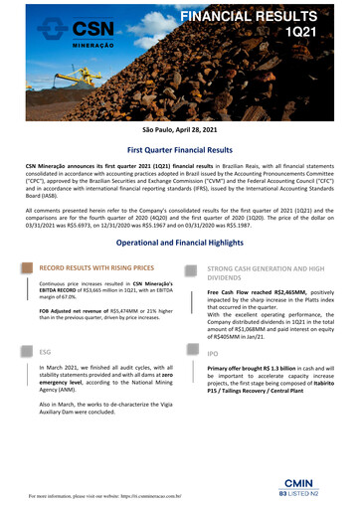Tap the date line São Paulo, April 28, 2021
179,132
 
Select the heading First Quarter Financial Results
179,152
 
